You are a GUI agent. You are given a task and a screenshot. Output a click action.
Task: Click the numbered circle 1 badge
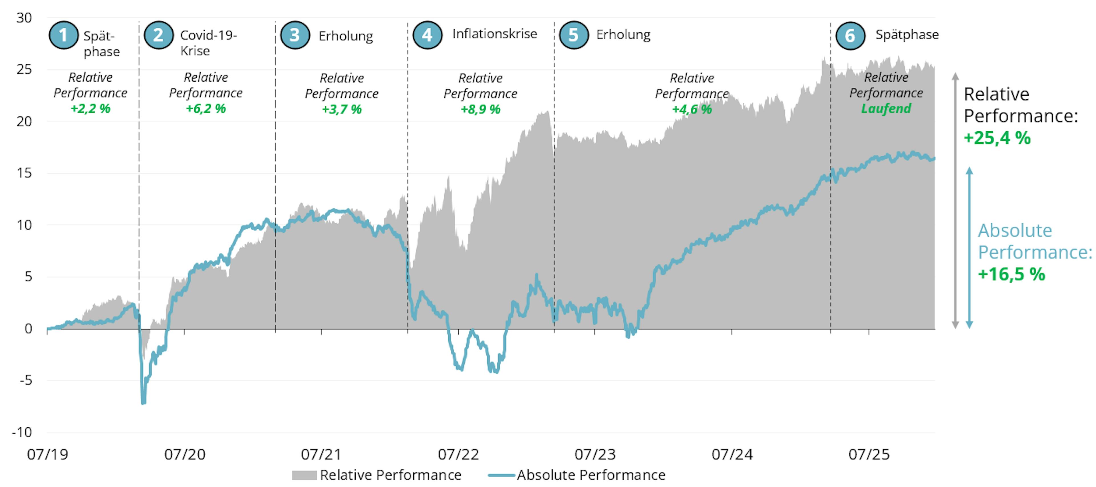tap(63, 35)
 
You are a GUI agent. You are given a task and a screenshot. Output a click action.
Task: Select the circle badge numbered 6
tap(850, 36)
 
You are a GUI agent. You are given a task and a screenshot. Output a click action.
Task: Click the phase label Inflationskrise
tap(494, 34)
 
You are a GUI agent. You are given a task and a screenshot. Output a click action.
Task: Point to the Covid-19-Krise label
tap(208, 43)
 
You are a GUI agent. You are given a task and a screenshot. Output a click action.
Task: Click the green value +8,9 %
tap(480, 109)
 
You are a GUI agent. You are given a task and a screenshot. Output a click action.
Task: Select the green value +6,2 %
tap(205, 108)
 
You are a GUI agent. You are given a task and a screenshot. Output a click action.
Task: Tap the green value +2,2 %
tap(90, 108)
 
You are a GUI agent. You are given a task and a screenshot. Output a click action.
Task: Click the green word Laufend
tap(886, 108)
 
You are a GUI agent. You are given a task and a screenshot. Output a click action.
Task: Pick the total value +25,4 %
tap(997, 138)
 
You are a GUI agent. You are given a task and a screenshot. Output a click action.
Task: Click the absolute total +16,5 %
tap(1011, 274)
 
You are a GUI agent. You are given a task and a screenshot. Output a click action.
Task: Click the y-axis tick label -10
tap(22, 432)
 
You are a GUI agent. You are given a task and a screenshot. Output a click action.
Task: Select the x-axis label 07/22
tap(458, 454)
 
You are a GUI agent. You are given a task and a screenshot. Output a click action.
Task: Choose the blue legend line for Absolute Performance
tap(502, 475)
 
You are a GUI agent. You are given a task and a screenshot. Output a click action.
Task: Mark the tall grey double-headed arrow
tap(955, 200)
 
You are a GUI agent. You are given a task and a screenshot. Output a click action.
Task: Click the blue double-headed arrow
tap(969, 247)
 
